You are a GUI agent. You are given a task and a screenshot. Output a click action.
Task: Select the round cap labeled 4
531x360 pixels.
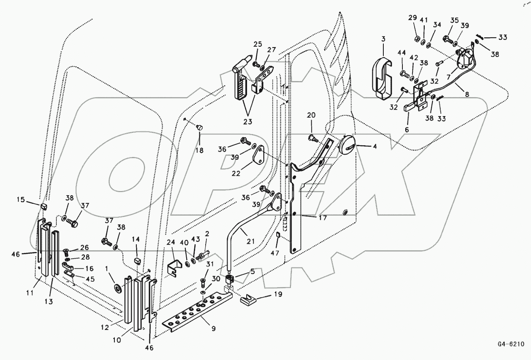[347, 145]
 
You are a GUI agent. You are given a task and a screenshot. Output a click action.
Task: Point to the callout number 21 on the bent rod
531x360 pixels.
[251, 241]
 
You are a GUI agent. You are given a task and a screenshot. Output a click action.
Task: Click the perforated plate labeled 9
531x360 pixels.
[195, 313]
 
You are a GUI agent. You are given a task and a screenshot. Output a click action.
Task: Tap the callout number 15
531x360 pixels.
[20, 200]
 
